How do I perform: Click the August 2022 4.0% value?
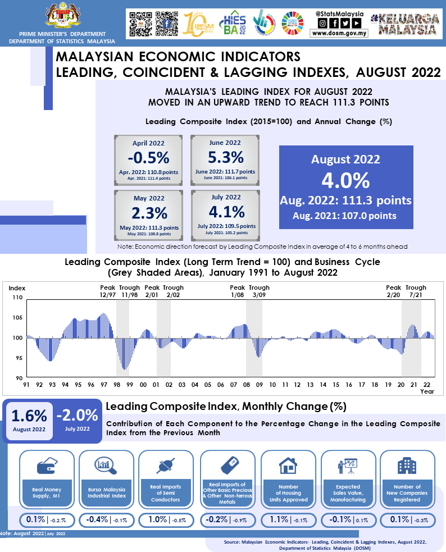[345, 181]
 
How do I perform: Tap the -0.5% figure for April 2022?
[149, 157]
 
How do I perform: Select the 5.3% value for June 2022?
[225, 157]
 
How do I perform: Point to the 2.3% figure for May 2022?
[149, 213]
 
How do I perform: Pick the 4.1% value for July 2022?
[225, 212]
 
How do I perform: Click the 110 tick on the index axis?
[17, 298]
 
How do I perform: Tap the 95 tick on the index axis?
[18, 358]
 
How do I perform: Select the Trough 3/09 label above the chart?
[259, 291]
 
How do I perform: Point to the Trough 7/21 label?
[416, 291]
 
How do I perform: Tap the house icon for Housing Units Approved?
[288, 466]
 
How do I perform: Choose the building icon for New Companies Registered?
[407, 466]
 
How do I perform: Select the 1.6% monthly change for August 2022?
[29, 416]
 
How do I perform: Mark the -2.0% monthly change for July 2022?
[77, 416]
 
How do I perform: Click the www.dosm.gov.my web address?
[339, 33]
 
